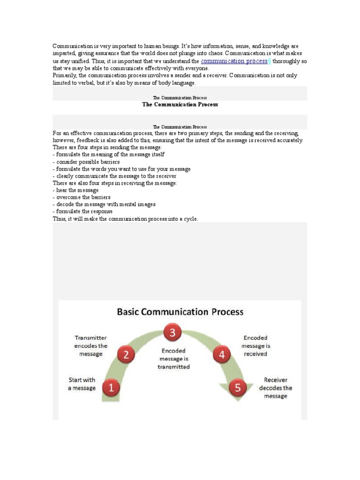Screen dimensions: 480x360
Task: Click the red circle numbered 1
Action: [x=111, y=388]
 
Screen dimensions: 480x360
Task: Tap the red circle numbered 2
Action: [x=126, y=355]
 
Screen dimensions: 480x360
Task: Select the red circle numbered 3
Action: [x=172, y=333]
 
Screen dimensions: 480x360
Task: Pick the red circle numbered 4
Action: [x=222, y=355]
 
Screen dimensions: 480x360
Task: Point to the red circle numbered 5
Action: [x=238, y=388]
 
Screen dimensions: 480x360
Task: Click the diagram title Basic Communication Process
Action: [x=180, y=311]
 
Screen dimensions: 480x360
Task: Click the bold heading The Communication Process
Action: [x=180, y=105]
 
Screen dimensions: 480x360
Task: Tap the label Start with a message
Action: [x=82, y=384]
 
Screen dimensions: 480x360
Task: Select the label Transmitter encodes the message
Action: [x=91, y=345]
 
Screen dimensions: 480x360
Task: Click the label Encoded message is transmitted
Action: [x=173, y=359]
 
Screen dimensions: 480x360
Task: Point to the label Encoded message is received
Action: [x=255, y=345]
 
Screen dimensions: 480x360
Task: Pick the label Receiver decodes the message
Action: [x=276, y=388]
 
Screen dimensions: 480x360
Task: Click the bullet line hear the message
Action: [x=76, y=190]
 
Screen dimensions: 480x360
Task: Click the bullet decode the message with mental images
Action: [x=104, y=204]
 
